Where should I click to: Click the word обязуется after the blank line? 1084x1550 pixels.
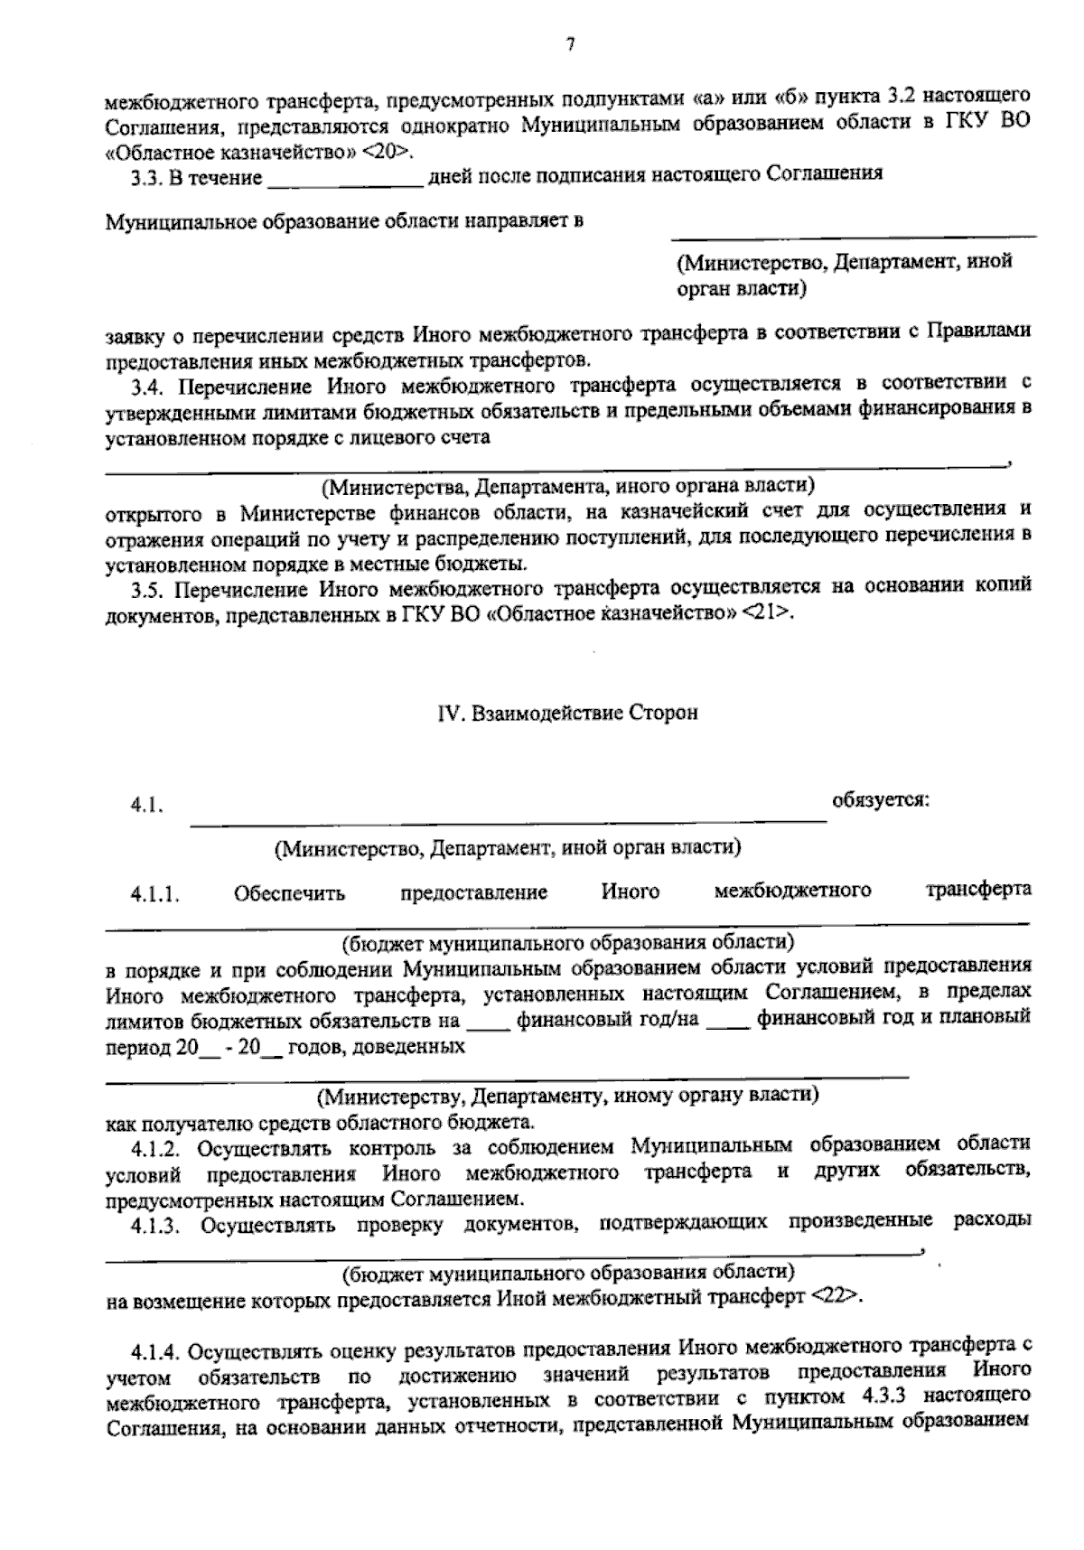[x=881, y=799]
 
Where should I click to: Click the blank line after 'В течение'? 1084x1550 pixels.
[x=346, y=184]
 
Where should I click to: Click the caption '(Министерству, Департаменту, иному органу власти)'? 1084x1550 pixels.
[x=566, y=1097]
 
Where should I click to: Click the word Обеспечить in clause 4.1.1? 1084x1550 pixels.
[x=289, y=894]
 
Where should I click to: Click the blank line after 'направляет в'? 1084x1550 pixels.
[x=853, y=237]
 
